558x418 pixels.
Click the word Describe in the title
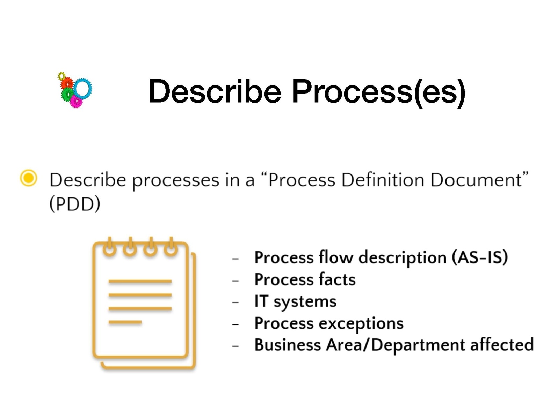[x=215, y=91]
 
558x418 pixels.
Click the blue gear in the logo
[x=83, y=89]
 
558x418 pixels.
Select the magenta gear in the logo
[x=76, y=101]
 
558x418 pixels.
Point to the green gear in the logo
[x=67, y=94]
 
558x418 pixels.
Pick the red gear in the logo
[x=67, y=83]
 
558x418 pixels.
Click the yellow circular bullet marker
[x=29, y=178]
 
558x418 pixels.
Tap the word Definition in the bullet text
[x=383, y=180]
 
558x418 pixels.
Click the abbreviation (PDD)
[x=75, y=204]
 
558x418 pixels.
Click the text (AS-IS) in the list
[x=480, y=257]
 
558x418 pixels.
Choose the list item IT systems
[x=295, y=301]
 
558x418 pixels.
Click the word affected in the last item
[x=502, y=345]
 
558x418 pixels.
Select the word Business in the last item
[x=288, y=345]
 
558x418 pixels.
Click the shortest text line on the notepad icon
[x=125, y=322]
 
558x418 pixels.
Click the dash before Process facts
[x=235, y=281]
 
